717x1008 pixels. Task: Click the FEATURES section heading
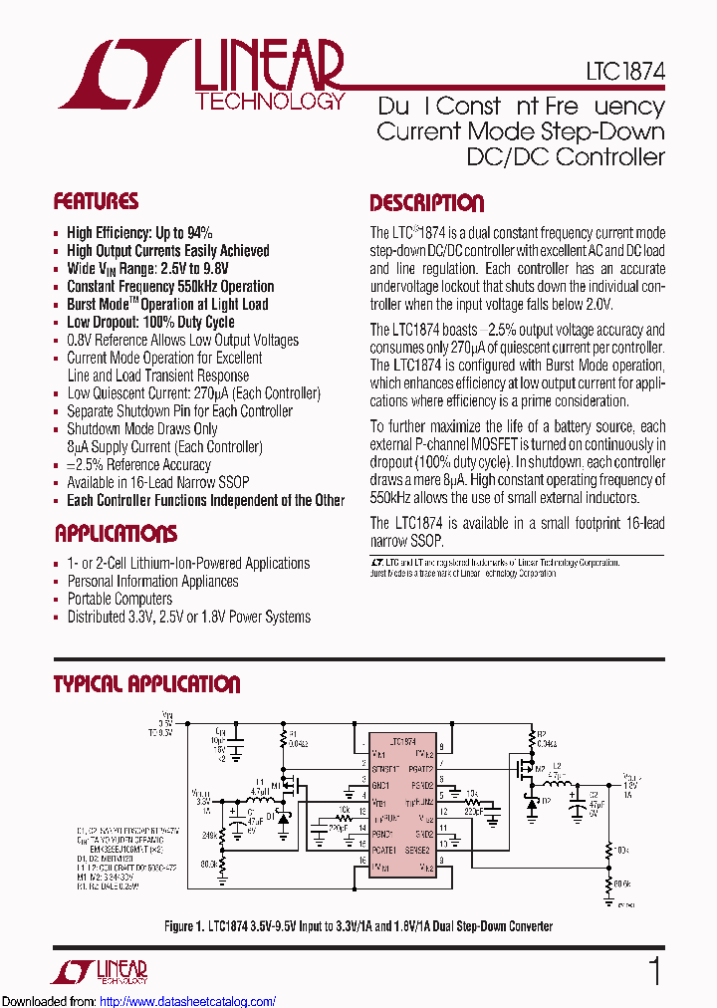96,202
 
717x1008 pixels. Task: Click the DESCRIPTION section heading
426,204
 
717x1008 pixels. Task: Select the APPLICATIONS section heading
116,534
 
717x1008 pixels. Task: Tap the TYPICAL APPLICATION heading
146,685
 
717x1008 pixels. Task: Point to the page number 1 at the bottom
654,971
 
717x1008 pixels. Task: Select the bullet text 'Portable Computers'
119,599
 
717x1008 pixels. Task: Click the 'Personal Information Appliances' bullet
152,581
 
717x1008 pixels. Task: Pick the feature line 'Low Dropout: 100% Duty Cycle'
150,322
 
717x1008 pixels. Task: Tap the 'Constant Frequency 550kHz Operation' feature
170,286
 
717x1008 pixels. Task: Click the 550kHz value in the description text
391,498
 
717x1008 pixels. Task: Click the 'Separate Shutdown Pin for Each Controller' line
179,411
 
